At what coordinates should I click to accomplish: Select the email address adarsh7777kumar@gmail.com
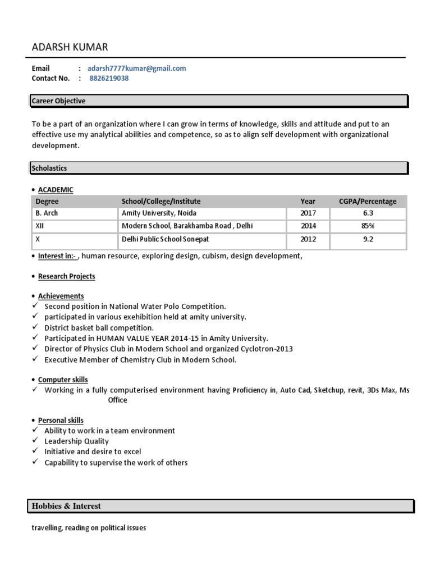(x=136, y=69)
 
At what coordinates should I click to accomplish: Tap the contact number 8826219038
(x=109, y=79)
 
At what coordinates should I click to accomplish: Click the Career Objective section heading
(x=58, y=101)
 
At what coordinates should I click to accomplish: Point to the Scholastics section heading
(x=49, y=168)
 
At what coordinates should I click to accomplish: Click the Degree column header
(x=47, y=201)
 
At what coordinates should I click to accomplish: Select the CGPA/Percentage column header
(x=368, y=201)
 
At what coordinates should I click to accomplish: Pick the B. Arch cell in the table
(x=47, y=213)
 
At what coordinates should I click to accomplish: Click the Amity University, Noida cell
(x=159, y=213)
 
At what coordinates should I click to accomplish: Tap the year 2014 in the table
(x=308, y=226)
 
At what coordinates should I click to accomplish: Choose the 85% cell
(x=368, y=226)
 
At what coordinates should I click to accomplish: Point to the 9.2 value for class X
(x=368, y=239)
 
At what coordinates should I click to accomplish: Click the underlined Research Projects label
(x=66, y=276)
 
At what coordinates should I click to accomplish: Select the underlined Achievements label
(x=61, y=296)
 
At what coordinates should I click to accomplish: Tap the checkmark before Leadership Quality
(x=35, y=441)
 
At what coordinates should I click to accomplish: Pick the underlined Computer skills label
(x=63, y=380)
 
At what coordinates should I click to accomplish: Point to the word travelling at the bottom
(x=47, y=528)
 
